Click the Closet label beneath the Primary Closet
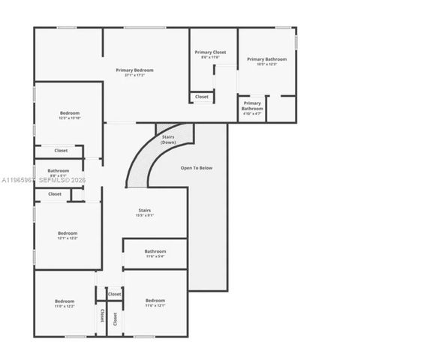click(202, 97)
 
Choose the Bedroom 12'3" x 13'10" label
click(69, 113)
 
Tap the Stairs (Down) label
click(169, 139)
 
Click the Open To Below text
click(197, 168)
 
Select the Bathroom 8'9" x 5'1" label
click(59, 171)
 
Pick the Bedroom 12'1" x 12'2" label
click(68, 233)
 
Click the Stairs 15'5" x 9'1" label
click(144, 211)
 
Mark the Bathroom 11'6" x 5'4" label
click(155, 251)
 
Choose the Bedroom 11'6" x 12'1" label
click(155, 301)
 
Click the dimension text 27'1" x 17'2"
click(134, 75)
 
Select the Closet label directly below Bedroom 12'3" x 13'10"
click(61, 151)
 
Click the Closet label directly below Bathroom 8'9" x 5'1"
click(55, 194)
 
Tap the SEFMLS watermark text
click(53, 181)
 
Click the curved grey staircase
click(143, 161)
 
